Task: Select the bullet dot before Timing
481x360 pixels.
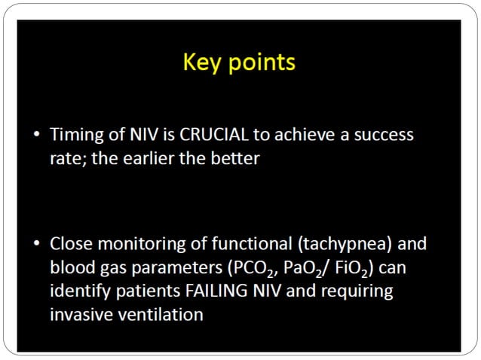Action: [38, 136]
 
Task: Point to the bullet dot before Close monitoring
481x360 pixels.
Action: [38, 244]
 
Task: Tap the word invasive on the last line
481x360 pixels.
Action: [78, 314]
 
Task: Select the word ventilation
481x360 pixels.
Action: [158, 314]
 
